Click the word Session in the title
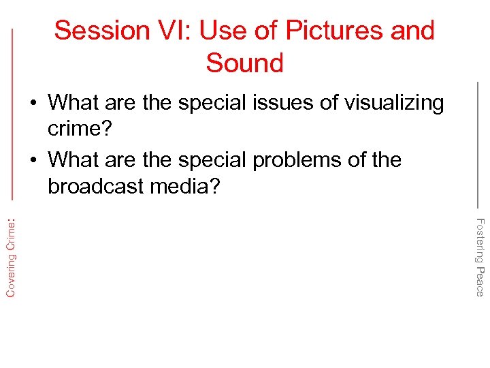(101, 31)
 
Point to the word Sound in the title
(244, 63)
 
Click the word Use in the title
(230, 31)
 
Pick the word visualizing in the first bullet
(395, 103)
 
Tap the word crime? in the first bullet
(79, 129)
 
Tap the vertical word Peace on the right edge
(480, 281)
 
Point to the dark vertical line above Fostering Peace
(478, 143)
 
